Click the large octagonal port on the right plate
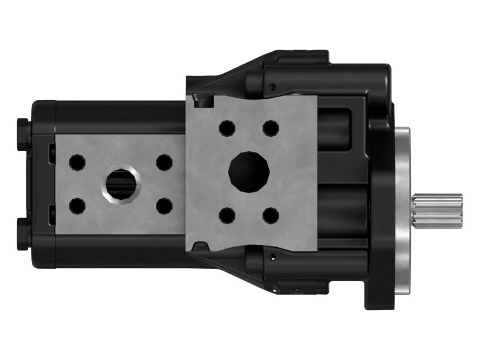click(248, 171)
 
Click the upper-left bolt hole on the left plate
click(77, 162)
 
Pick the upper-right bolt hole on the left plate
click(164, 162)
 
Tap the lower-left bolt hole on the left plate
click(77, 206)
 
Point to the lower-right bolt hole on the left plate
click(164, 206)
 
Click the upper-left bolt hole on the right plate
click(227, 128)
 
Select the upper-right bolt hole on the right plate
click(271, 128)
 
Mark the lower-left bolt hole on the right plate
click(227, 215)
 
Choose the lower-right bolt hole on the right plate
click(271, 215)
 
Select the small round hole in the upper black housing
click(273, 88)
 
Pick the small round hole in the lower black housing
click(273, 257)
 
